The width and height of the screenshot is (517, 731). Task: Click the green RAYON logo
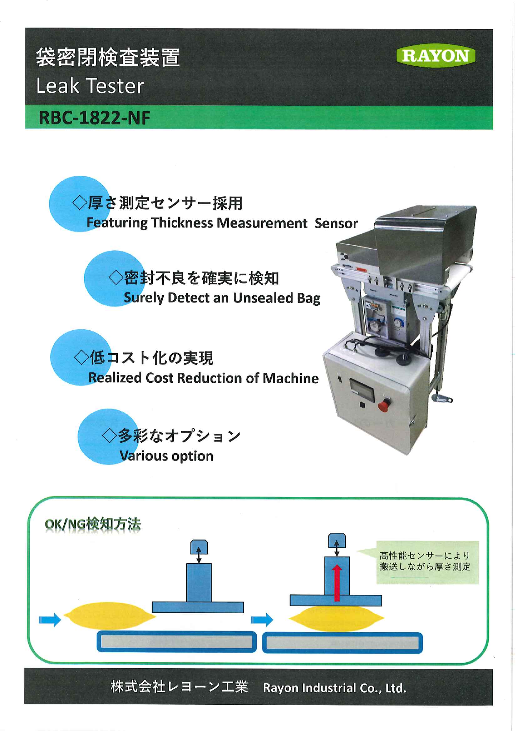(x=436, y=56)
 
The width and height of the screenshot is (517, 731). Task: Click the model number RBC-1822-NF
(x=95, y=118)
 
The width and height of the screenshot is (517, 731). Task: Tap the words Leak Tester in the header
(x=90, y=86)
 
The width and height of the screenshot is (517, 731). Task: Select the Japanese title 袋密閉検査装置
(x=108, y=57)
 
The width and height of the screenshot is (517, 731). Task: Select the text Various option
(x=166, y=456)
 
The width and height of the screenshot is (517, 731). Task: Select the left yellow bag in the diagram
(x=109, y=616)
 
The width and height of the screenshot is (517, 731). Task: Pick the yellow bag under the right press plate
(x=336, y=618)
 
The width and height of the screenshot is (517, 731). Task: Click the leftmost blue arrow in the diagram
(x=50, y=619)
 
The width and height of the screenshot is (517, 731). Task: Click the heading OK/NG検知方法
(x=93, y=524)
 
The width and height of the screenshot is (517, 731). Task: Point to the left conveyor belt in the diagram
(x=177, y=641)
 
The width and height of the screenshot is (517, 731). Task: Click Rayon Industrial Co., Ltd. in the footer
(x=335, y=688)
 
